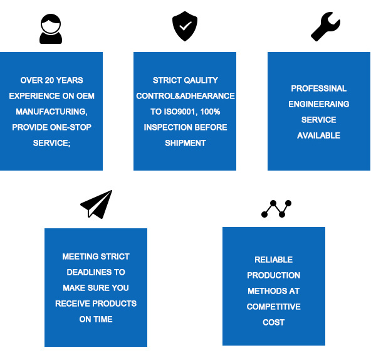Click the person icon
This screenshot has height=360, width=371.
tap(51, 29)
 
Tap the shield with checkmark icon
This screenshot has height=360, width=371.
tap(185, 26)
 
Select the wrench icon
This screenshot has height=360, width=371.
tap(326, 26)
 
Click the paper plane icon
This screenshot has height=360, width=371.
tap(97, 204)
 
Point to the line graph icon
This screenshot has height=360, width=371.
tap(276, 209)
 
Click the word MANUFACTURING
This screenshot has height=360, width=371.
tap(51, 112)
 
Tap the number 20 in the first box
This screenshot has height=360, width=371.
tap(50, 80)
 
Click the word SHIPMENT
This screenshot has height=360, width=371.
tap(185, 143)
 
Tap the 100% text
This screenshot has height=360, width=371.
tap(210, 112)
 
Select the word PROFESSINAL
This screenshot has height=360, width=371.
tap(319, 88)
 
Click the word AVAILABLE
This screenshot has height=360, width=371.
tap(319, 135)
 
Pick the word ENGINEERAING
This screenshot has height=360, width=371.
tap(319, 104)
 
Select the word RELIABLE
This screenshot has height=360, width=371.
tap(273, 260)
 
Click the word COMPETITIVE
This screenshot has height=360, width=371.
tap(273, 307)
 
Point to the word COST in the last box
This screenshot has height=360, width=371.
tap(273, 322)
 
